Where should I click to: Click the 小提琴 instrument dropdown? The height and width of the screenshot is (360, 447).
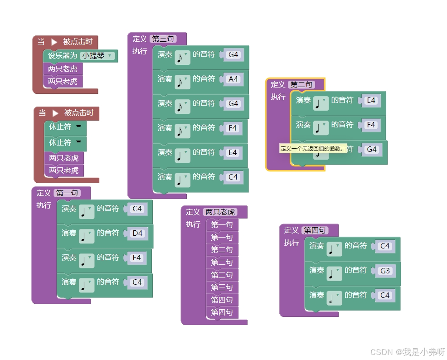tap(97, 56)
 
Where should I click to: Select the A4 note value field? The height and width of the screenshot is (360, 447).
tap(233, 79)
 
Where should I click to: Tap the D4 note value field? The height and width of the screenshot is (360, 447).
tap(137, 234)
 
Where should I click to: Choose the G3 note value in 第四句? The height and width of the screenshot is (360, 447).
tap(384, 271)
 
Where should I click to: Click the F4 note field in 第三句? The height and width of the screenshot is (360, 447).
tap(233, 128)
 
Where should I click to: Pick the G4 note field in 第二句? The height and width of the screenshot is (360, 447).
tap(371, 149)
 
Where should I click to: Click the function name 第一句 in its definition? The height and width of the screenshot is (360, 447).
tap(67, 193)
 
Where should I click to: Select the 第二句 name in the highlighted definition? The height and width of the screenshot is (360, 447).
tap(301, 85)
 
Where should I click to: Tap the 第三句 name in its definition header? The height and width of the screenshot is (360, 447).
tap(163, 39)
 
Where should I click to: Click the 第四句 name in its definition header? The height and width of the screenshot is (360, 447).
tap(315, 230)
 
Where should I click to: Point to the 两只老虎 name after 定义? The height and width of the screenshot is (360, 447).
tap(220, 212)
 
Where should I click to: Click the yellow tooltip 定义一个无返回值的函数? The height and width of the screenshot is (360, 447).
tap(312, 148)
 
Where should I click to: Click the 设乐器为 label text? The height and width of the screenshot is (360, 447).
tap(63, 56)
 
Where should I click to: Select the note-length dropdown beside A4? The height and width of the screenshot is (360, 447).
tap(182, 81)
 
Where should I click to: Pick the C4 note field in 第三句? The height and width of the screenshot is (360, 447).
tap(233, 177)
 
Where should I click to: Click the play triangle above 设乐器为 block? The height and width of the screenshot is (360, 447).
tap(54, 42)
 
